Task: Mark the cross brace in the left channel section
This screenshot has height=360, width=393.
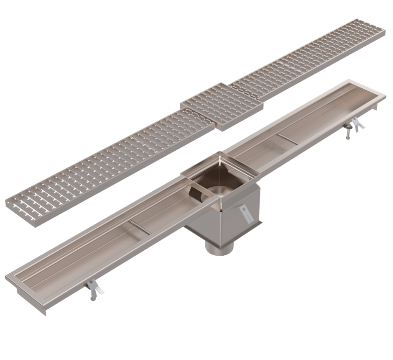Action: point(140,226)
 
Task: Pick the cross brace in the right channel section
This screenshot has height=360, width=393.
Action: point(288,139)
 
